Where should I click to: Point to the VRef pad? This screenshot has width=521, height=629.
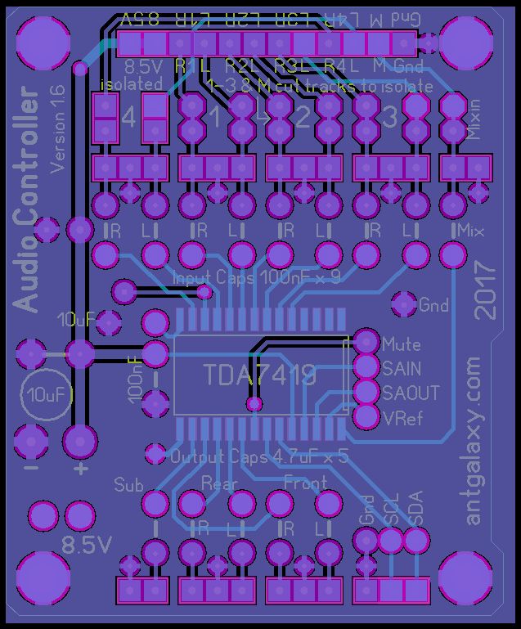pyautogui.click(x=365, y=417)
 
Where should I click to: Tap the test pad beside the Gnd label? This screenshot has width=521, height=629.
pyautogui.click(x=403, y=304)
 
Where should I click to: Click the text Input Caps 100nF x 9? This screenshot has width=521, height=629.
pyautogui.click(x=257, y=277)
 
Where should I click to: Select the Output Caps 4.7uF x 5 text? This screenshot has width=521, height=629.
pyautogui.click(x=258, y=456)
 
